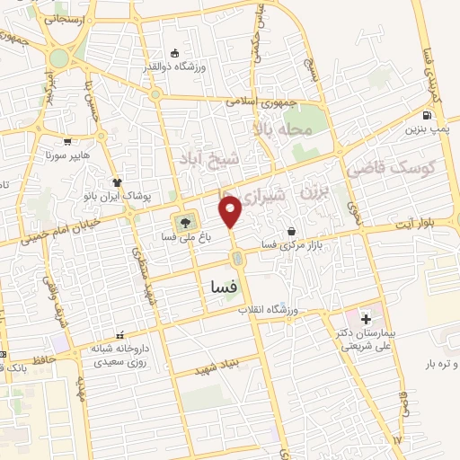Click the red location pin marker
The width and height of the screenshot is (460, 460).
231,211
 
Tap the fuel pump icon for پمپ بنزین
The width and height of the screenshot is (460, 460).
426,115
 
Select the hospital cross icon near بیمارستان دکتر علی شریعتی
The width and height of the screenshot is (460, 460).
366,319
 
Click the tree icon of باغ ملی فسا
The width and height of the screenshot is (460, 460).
185,222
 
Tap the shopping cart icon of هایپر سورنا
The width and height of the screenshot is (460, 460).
68,142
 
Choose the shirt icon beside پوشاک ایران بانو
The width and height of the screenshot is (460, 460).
117,181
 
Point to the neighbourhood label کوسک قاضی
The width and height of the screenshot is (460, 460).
402,168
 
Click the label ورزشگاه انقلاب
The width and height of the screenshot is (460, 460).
268,309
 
